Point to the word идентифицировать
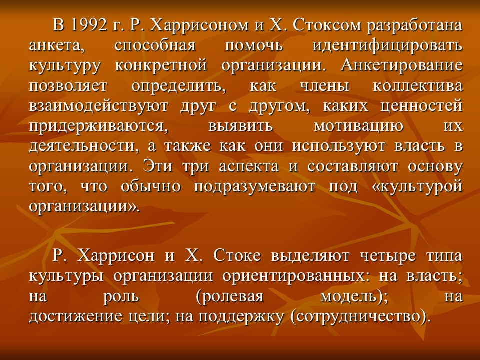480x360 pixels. [x=387, y=45]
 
